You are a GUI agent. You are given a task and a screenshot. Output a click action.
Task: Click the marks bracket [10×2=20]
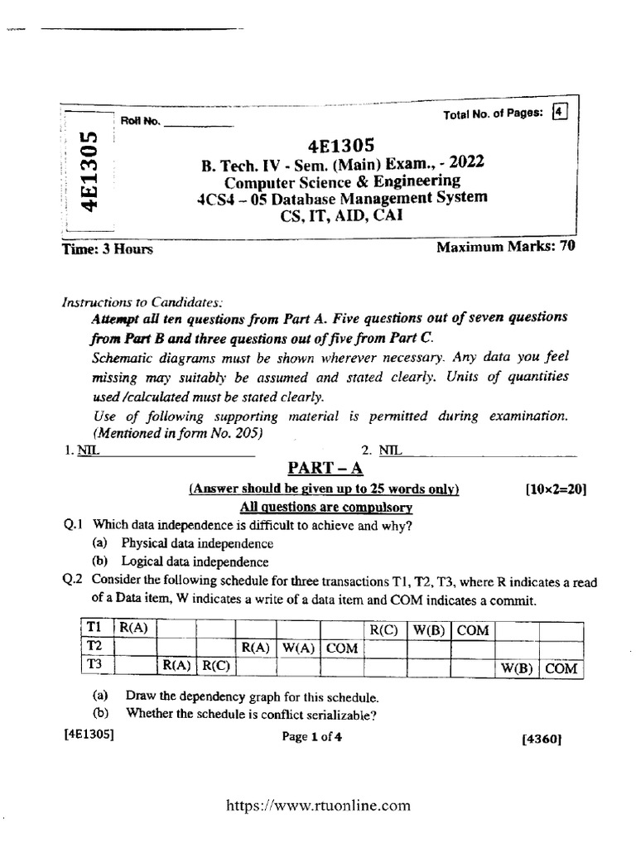tap(556, 489)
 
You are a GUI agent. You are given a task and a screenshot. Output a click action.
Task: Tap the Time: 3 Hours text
tap(108, 248)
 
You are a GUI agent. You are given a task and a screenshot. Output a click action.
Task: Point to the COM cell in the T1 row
tap(474, 629)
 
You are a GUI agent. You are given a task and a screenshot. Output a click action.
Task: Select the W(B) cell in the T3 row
tap(517, 667)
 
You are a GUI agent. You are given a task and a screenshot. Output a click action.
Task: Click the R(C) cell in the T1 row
tap(385, 629)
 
